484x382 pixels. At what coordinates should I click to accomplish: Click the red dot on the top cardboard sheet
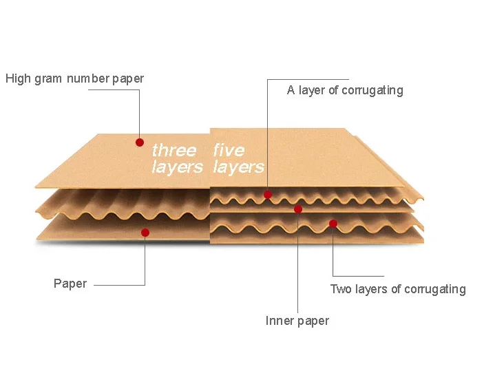(140, 142)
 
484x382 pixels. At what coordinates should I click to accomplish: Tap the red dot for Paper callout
(145, 233)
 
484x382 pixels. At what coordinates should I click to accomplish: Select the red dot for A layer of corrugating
(268, 194)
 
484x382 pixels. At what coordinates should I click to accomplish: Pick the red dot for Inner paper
(298, 209)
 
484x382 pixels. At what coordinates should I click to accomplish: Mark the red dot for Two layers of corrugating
(333, 224)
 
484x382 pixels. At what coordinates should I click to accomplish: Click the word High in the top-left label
(19, 78)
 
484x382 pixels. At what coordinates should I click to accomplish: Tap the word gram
(48, 80)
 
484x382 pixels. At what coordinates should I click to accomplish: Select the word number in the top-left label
(87, 78)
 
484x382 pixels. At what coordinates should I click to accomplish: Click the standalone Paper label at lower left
(70, 284)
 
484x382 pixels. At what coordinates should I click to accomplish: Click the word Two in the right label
(341, 289)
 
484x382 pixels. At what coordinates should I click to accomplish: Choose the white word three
(174, 151)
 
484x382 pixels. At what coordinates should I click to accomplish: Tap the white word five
(229, 150)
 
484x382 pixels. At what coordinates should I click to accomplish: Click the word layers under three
(177, 167)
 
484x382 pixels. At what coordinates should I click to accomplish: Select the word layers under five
(239, 167)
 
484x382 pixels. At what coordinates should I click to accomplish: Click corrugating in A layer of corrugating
(372, 91)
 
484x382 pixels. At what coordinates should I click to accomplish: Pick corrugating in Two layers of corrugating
(435, 290)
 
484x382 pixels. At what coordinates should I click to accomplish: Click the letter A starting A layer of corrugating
(291, 90)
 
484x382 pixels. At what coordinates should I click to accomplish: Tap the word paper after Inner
(313, 321)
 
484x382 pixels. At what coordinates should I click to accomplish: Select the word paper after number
(127, 79)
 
